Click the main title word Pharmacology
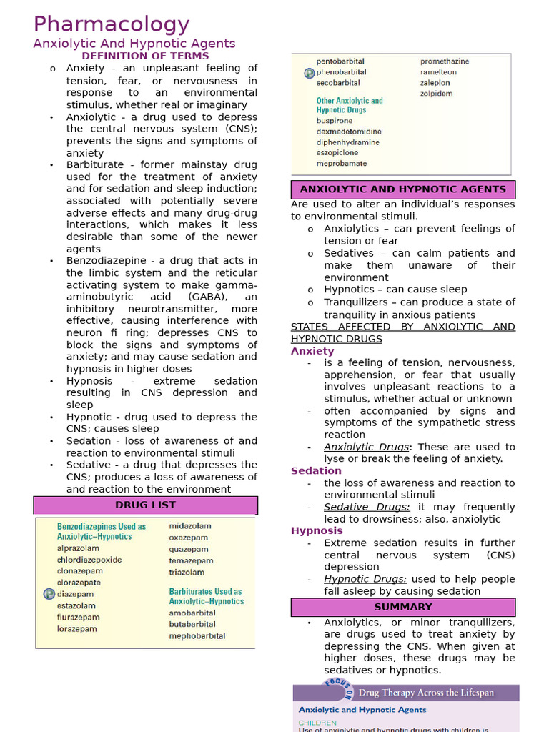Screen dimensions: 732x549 [111, 24]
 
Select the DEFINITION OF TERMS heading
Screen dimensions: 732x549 [145, 56]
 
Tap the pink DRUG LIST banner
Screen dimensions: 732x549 [145, 505]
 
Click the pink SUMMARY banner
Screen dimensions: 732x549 [402, 607]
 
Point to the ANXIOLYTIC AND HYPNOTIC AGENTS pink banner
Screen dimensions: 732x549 [402, 189]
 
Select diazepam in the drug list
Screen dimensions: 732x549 [75, 594]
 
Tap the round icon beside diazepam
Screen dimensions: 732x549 [49, 594]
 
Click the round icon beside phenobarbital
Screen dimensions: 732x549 [309, 72]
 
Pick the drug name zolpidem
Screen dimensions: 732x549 [436, 94]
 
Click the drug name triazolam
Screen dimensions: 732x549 [187, 572]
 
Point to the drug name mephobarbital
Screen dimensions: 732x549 [197, 635]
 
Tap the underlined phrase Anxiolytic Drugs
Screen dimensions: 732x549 [366, 447]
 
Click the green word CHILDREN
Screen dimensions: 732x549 [317, 723]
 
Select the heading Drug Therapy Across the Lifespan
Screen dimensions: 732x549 [425, 693]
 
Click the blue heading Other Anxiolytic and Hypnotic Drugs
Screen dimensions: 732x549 [350, 105]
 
